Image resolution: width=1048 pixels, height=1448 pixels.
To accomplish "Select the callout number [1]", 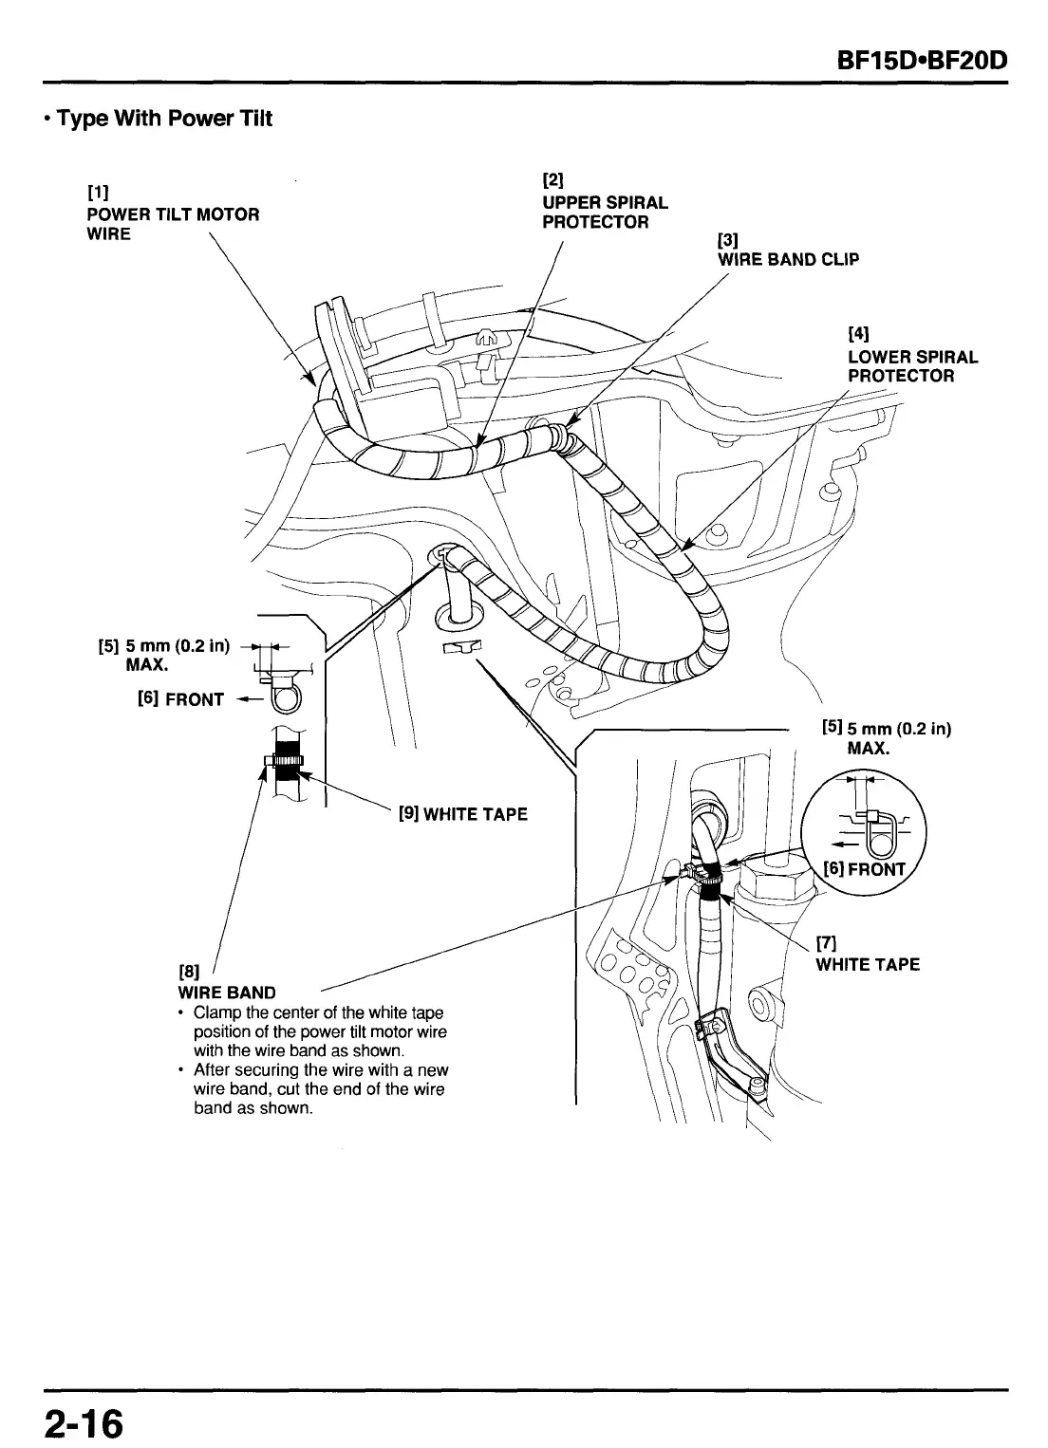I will click(x=96, y=195).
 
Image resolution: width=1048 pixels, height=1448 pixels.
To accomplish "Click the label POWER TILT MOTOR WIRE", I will click(x=172, y=224).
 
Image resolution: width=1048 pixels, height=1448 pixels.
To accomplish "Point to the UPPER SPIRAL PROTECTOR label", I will click(x=605, y=213).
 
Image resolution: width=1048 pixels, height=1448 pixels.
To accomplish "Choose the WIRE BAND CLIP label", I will click(x=788, y=259).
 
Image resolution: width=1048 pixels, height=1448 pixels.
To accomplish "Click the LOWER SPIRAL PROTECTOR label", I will click(x=911, y=366).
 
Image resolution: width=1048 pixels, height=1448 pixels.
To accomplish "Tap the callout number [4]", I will click(x=858, y=334).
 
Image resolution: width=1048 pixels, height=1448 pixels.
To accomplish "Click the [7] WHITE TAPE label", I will click(x=868, y=964).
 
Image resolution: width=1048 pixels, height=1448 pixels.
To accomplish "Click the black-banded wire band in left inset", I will click(x=284, y=762).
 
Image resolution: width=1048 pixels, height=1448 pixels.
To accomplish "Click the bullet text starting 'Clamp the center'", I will click(x=318, y=1031).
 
